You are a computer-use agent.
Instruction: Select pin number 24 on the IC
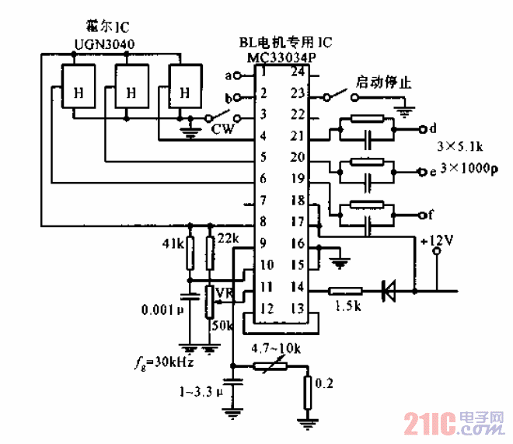(297, 73)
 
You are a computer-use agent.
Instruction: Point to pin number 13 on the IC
(297, 308)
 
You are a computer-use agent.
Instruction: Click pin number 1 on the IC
(264, 73)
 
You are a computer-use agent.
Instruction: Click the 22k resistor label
(228, 237)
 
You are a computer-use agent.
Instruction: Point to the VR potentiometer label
(225, 292)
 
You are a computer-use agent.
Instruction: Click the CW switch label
(223, 130)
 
